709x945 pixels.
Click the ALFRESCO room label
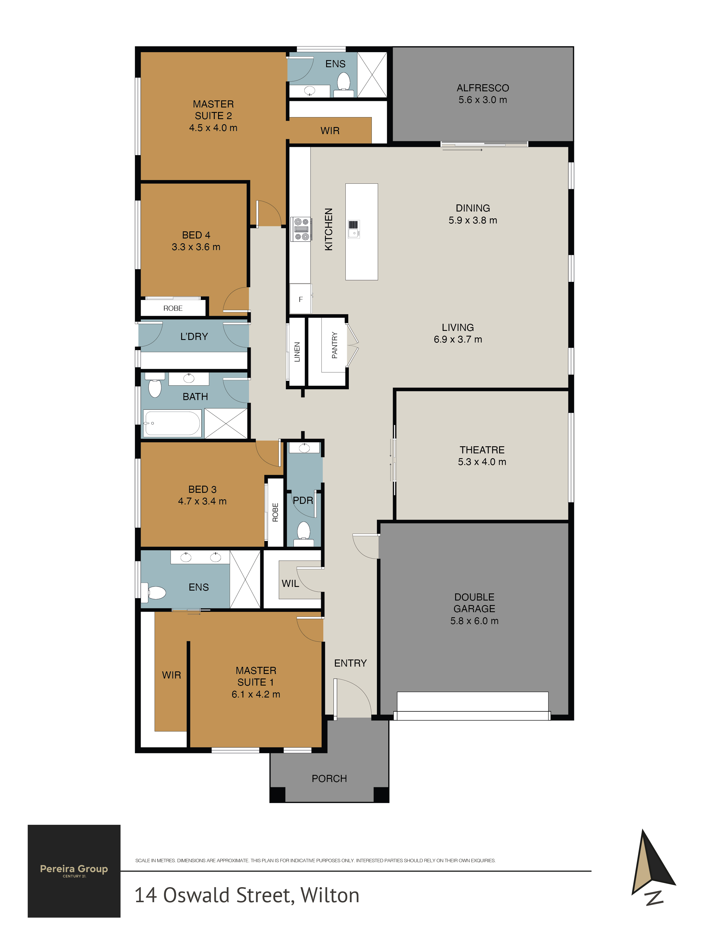482,88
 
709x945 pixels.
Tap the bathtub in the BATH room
172,423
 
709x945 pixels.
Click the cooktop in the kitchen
301,229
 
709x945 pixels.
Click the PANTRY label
335,345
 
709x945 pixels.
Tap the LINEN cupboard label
297,352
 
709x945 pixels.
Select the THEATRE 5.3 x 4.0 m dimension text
482,462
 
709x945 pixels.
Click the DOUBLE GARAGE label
474,603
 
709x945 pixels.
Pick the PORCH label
329,778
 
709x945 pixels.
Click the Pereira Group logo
74,871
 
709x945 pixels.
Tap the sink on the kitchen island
354,229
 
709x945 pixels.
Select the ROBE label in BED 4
173,308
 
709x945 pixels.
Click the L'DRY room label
194,337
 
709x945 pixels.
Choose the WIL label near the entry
290,584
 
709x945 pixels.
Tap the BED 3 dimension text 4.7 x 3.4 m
202,501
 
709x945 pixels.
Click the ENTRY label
351,663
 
